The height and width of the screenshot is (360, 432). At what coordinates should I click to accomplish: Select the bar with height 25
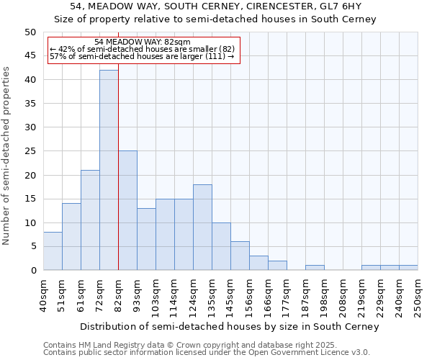pyautogui.click(x=127, y=210)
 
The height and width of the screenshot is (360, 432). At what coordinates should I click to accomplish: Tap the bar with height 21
pyautogui.click(x=90, y=220)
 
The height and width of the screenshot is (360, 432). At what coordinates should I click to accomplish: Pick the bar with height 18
pyautogui.click(x=202, y=227)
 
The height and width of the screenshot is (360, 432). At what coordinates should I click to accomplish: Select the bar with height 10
pyautogui.click(x=221, y=246)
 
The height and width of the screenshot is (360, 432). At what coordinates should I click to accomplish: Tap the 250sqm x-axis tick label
pyautogui.click(x=418, y=295)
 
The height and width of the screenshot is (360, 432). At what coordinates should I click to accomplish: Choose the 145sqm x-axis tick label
pyautogui.click(x=230, y=295)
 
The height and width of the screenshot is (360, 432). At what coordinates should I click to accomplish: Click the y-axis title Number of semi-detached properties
pyautogui.click(x=7, y=156)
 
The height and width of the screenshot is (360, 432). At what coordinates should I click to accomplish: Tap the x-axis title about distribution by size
pyautogui.click(x=229, y=326)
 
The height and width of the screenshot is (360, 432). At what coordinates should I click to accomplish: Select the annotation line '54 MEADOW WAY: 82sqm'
pyautogui.click(x=143, y=42)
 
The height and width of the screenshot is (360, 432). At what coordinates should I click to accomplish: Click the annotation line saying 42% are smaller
pyautogui.click(x=143, y=49)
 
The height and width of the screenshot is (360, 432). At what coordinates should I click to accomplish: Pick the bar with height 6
pyautogui.click(x=240, y=256)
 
